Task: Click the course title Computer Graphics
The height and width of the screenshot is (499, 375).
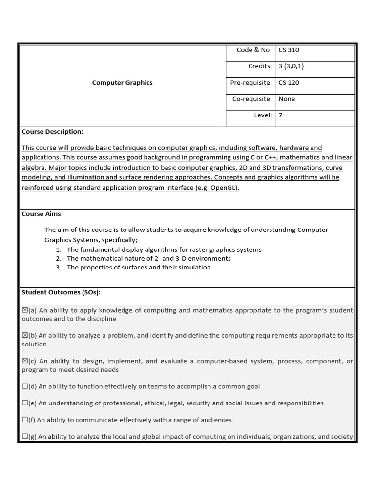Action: tap(122, 83)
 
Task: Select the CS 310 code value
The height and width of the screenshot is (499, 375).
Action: tap(289, 50)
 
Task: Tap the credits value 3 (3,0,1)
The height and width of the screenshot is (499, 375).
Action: tap(291, 66)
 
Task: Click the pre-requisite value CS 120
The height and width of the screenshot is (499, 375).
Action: tap(289, 83)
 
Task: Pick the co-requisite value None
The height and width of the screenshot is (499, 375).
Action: tap(287, 99)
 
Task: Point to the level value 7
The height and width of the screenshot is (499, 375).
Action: tap(280, 115)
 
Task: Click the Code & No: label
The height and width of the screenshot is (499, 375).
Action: tap(254, 50)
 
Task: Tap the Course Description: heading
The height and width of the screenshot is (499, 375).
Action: tap(52, 132)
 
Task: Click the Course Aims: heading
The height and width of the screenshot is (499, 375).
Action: tap(42, 214)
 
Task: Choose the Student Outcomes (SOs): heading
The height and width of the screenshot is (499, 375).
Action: tap(61, 292)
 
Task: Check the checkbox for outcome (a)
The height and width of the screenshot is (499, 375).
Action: tap(25, 310)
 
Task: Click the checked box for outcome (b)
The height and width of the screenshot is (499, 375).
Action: tap(25, 336)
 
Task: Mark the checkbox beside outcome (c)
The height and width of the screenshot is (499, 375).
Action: tap(25, 361)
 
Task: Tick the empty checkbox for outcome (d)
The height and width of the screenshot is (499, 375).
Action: tap(25, 386)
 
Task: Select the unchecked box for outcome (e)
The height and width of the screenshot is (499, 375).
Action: tap(25, 403)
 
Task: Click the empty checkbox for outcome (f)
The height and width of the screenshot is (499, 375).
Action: tap(25, 420)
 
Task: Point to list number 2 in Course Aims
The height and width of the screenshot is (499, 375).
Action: tap(58, 259)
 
